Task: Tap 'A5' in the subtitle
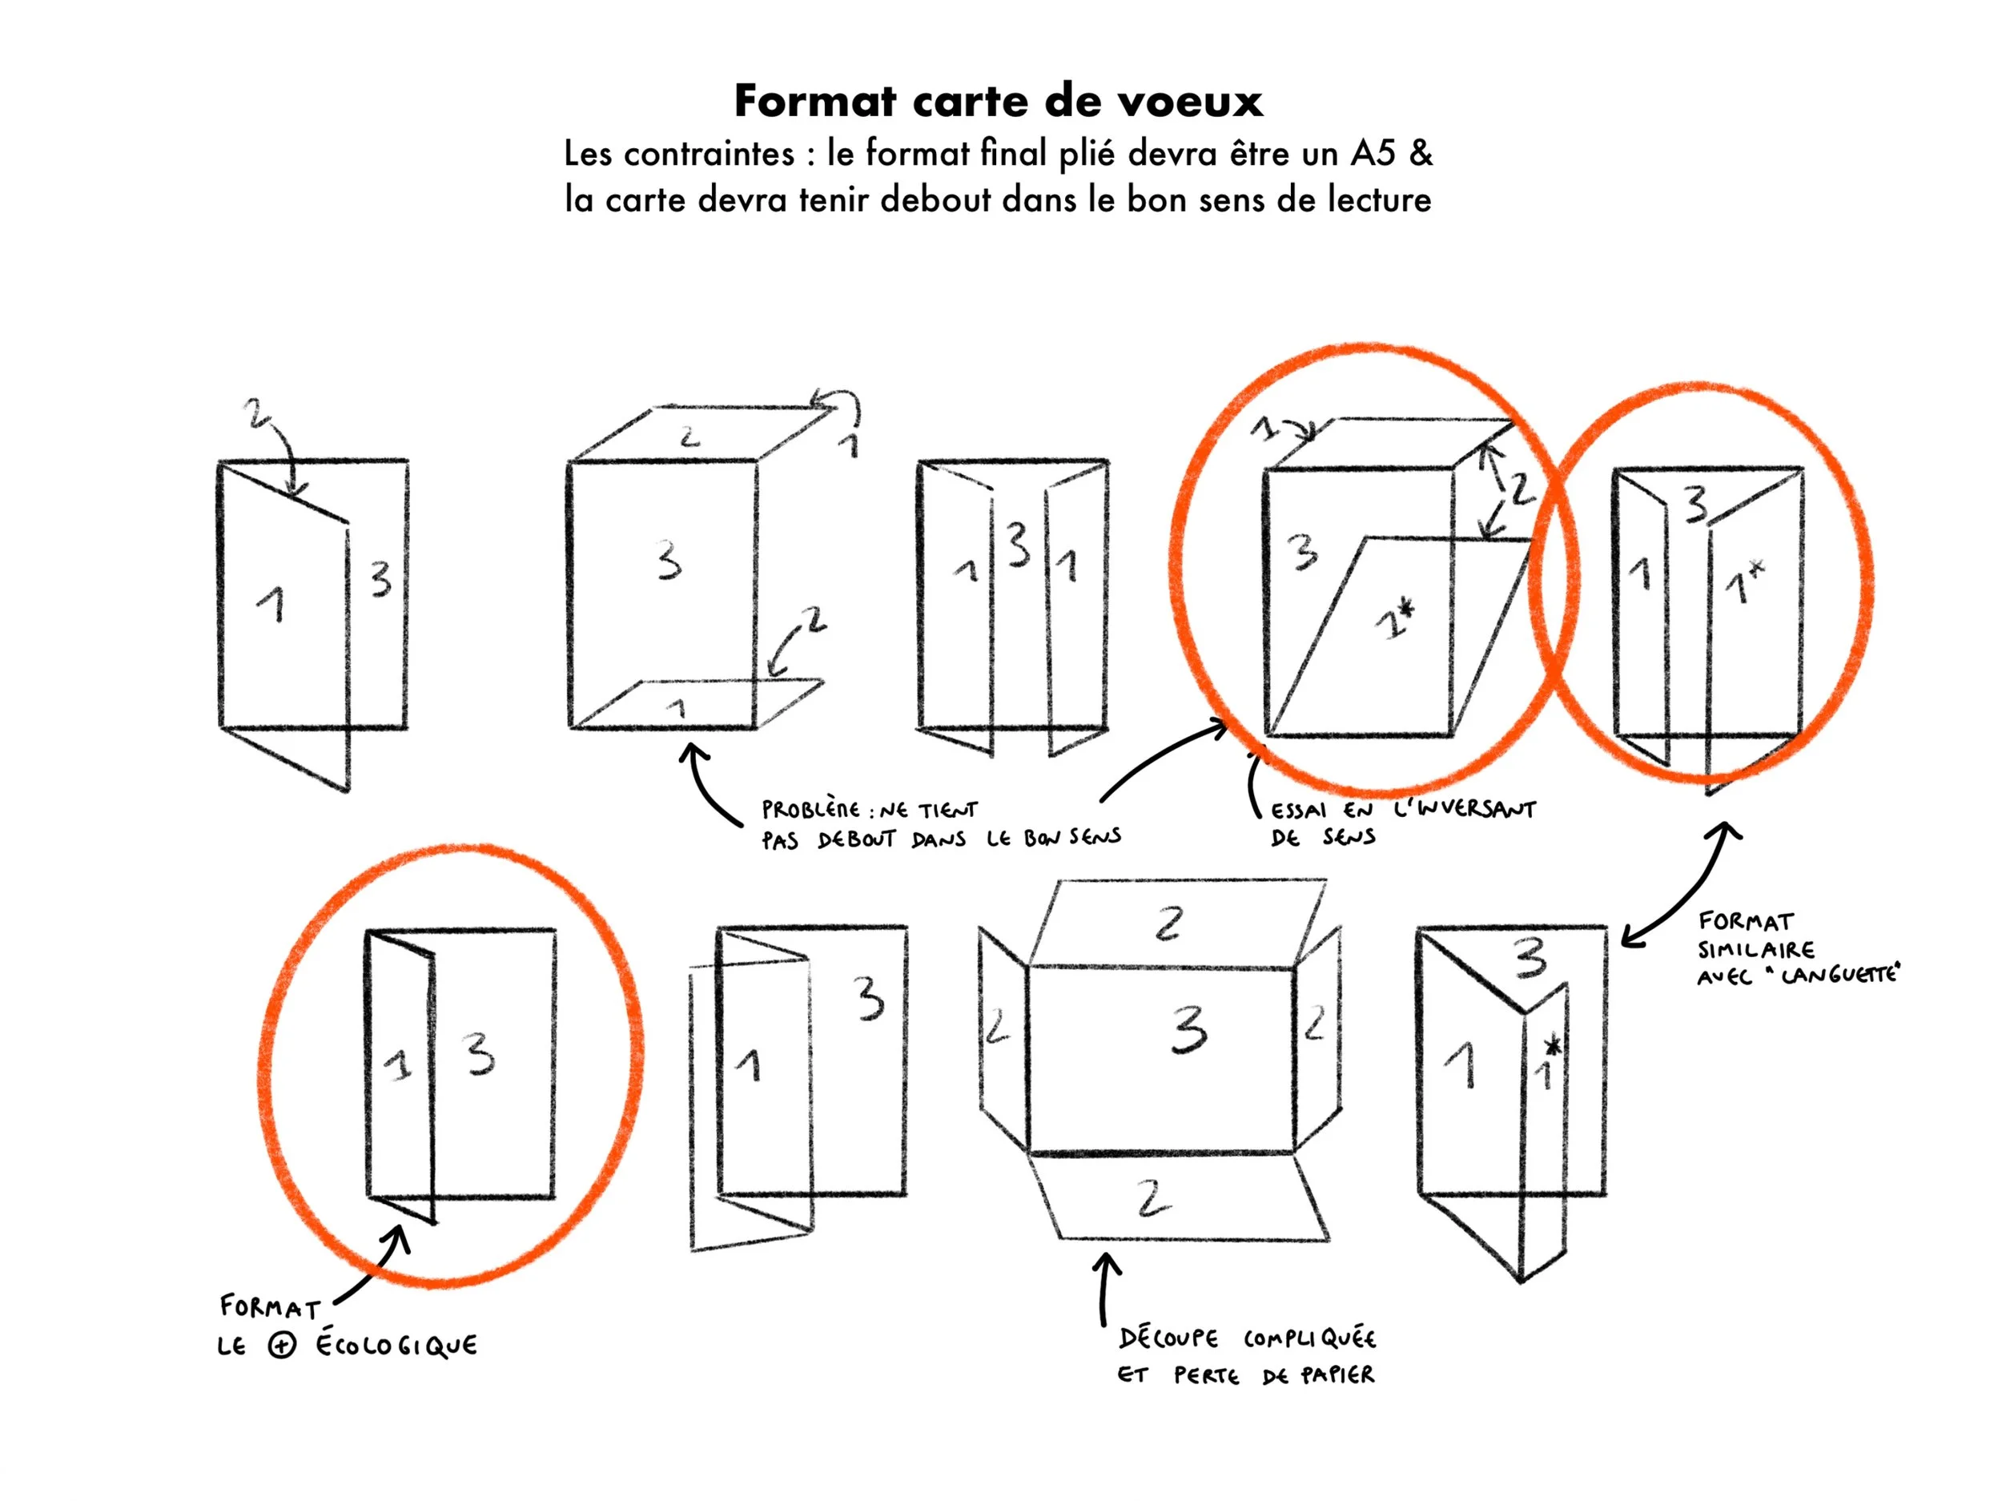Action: [x=1373, y=153]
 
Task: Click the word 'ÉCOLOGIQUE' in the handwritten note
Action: [x=396, y=1346]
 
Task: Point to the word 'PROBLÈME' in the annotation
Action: [x=810, y=809]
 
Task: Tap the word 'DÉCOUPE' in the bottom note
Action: [x=1168, y=1338]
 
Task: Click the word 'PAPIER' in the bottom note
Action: [x=1337, y=1375]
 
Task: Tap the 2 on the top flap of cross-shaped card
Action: [x=1168, y=924]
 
